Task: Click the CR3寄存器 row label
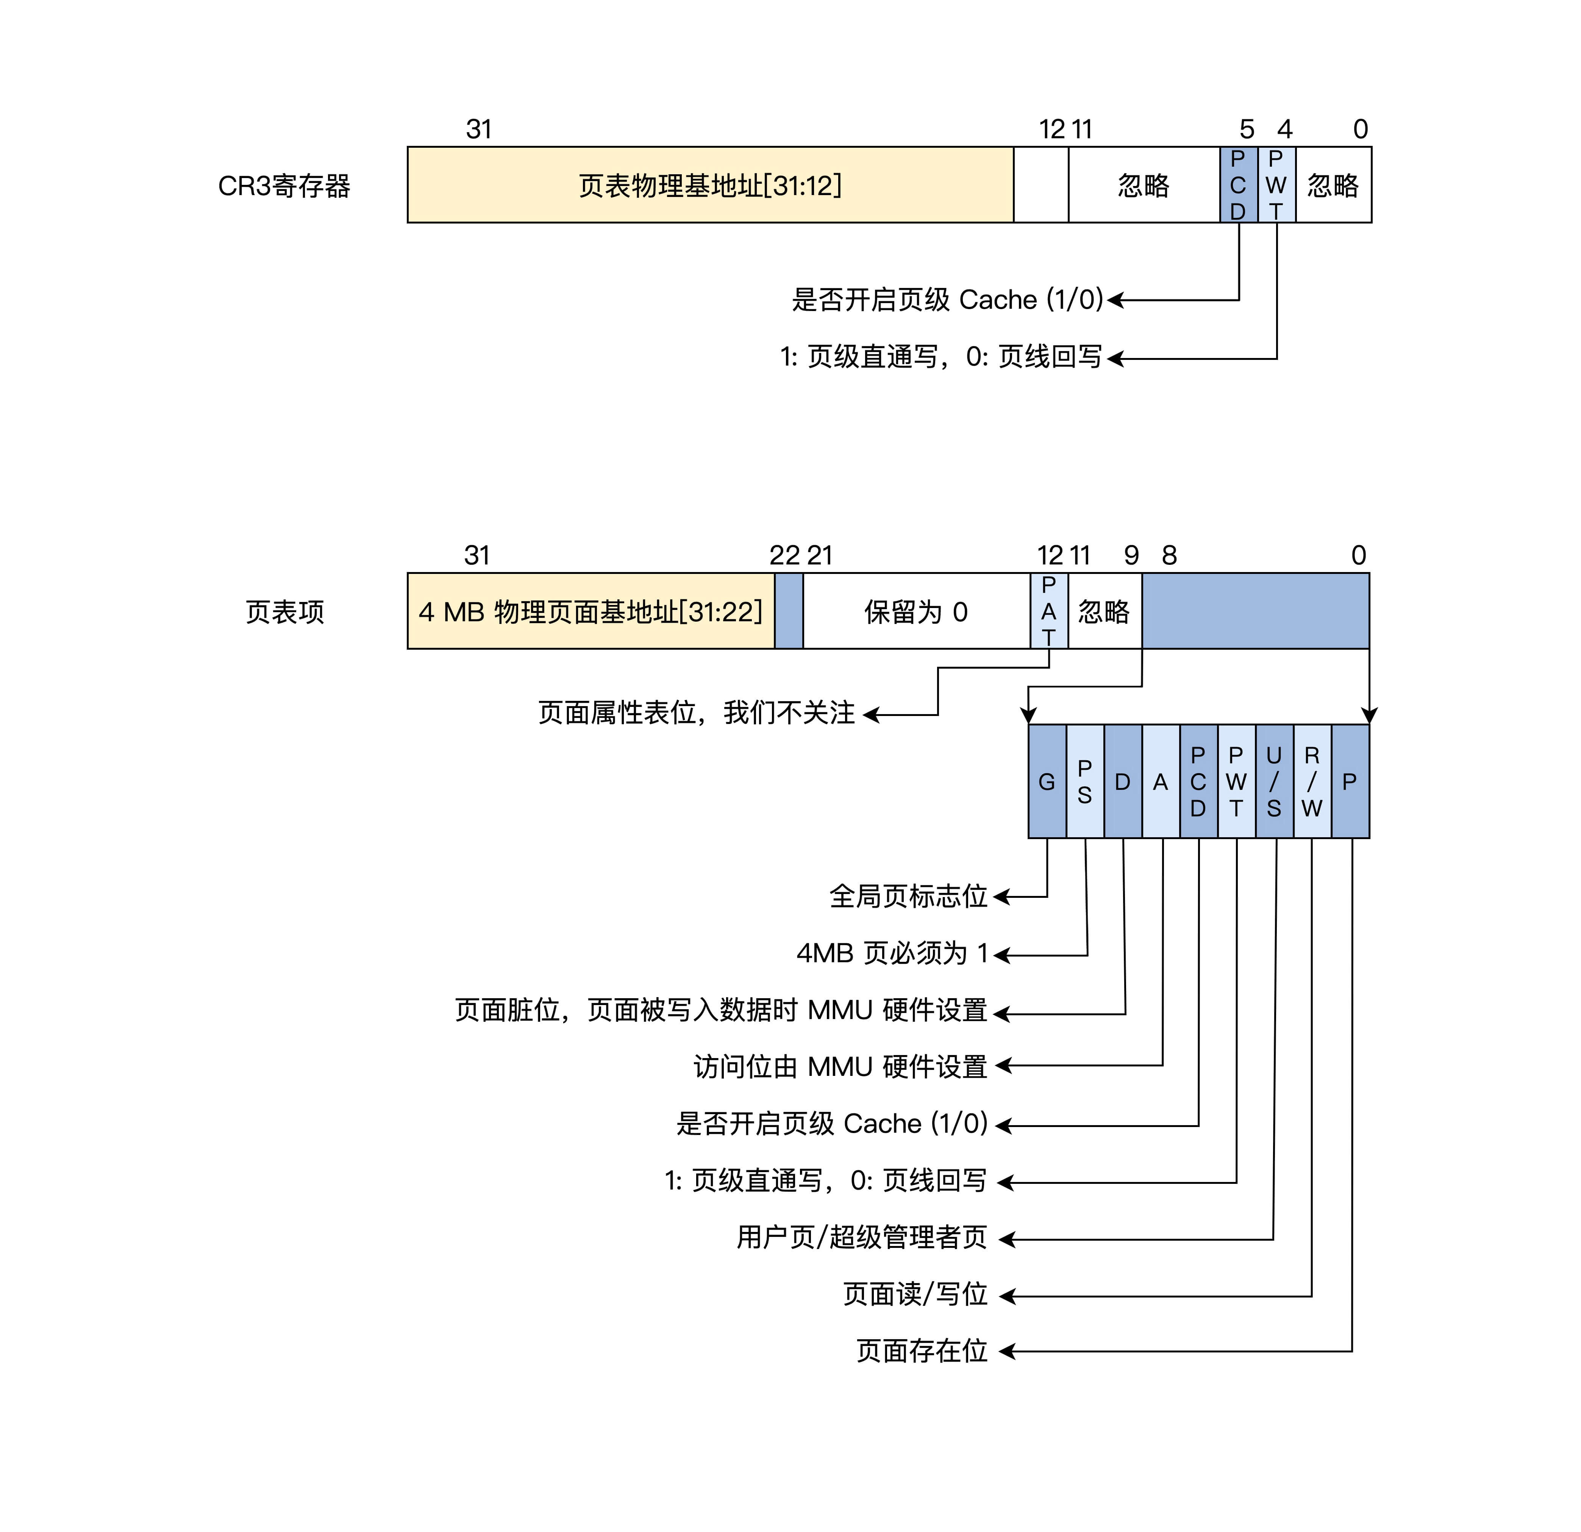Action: [284, 186]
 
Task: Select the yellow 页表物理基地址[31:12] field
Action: [710, 185]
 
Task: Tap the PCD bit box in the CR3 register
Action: [1238, 185]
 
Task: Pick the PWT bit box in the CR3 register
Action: [1276, 185]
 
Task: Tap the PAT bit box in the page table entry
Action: [1048, 611]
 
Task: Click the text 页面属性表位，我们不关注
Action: [696, 712]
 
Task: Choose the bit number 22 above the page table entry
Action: [784, 556]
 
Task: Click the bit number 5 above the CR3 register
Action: [1247, 129]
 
